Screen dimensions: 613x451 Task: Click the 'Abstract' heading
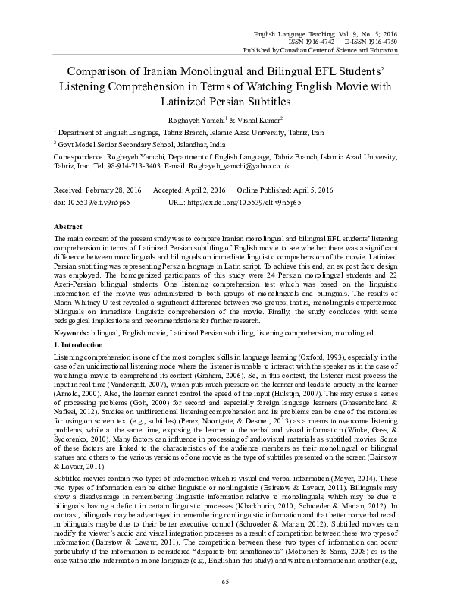click(x=69, y=227)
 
